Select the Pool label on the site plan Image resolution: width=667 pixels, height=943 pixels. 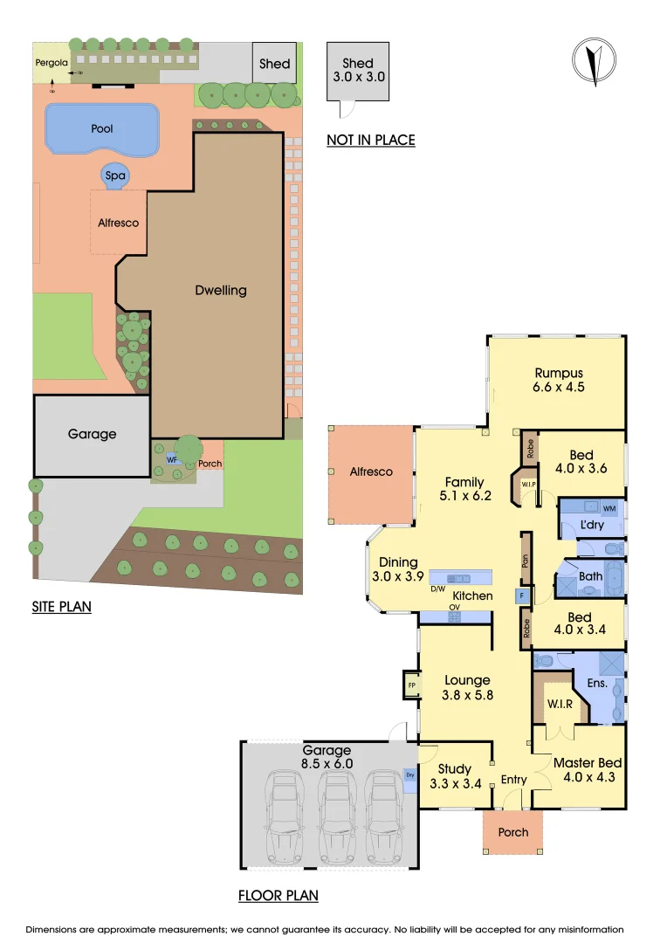coord(102,128)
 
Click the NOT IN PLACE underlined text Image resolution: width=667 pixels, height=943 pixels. coord(370,140)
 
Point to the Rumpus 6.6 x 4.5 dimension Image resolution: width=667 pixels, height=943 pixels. coord(559,389)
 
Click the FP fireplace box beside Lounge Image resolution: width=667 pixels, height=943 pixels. coord(409,685)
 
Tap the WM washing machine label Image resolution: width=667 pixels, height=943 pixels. coord(608,507)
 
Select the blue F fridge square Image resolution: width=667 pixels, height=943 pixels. coord(522,596)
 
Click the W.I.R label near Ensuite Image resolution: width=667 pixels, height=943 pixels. coord(559,705)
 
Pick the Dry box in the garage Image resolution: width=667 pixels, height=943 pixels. coord(410,774)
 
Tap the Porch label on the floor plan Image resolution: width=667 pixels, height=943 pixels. coord(512,832)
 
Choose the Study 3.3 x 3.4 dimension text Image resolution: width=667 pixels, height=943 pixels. coord(456,784)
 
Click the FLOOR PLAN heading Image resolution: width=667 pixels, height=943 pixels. coord(278,895)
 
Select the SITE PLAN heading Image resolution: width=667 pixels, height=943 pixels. coord(61,606)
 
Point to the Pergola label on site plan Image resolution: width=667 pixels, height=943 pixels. coord(50,63)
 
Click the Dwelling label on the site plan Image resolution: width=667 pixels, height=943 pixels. coord(220,290)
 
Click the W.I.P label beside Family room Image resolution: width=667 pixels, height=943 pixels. coord(527,484)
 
